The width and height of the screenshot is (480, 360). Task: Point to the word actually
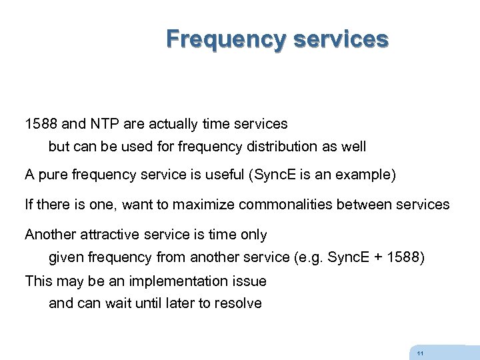[165, 124]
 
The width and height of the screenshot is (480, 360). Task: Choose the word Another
[51, 234]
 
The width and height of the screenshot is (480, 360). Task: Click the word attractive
[112, 234]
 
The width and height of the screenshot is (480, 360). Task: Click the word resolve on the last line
[239, 303]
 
